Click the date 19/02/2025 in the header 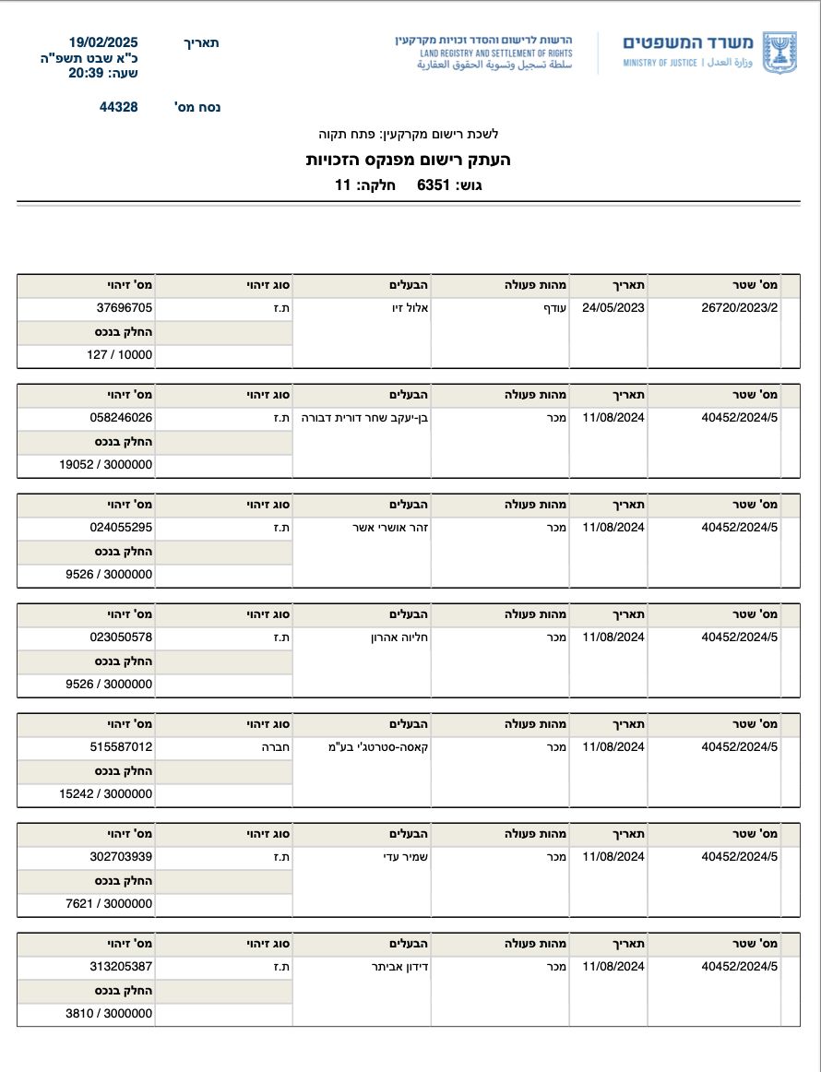(103, 42)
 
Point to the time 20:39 (89, 73)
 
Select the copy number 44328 (119, 107)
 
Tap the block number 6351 (434, 185)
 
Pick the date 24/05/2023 (613, 308)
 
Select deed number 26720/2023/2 (740, 308)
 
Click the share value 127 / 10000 (120, 354)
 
